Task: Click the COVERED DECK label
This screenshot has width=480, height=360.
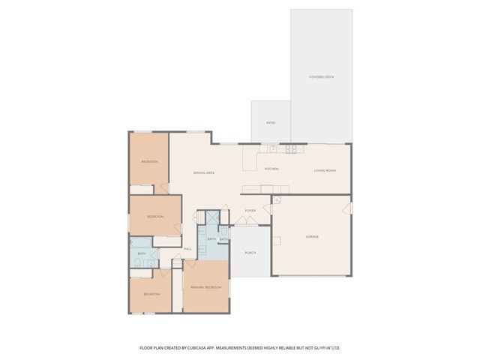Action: (321, 76)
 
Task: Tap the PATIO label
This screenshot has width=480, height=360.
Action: (271, 122)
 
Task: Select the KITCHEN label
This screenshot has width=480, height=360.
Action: (271, 169)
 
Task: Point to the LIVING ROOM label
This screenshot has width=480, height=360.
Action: (325, 170)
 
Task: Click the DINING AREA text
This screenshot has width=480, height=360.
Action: (204, 173)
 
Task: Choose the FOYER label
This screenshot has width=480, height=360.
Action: (250, 211)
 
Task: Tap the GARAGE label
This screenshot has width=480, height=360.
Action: (312, 237)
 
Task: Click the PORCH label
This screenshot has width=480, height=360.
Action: (250, 253)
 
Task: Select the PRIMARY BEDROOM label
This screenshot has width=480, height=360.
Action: (205, 287)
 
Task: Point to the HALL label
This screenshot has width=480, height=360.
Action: (187, 248)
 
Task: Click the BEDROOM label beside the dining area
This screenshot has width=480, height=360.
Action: (150, 162)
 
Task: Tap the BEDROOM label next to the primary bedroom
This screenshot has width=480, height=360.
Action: (151, 294)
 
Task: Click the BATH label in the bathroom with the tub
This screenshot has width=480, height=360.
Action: (142, 253)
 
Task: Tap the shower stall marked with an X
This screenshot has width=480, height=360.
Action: (213, 217)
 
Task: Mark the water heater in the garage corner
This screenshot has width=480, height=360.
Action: (276, 200)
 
